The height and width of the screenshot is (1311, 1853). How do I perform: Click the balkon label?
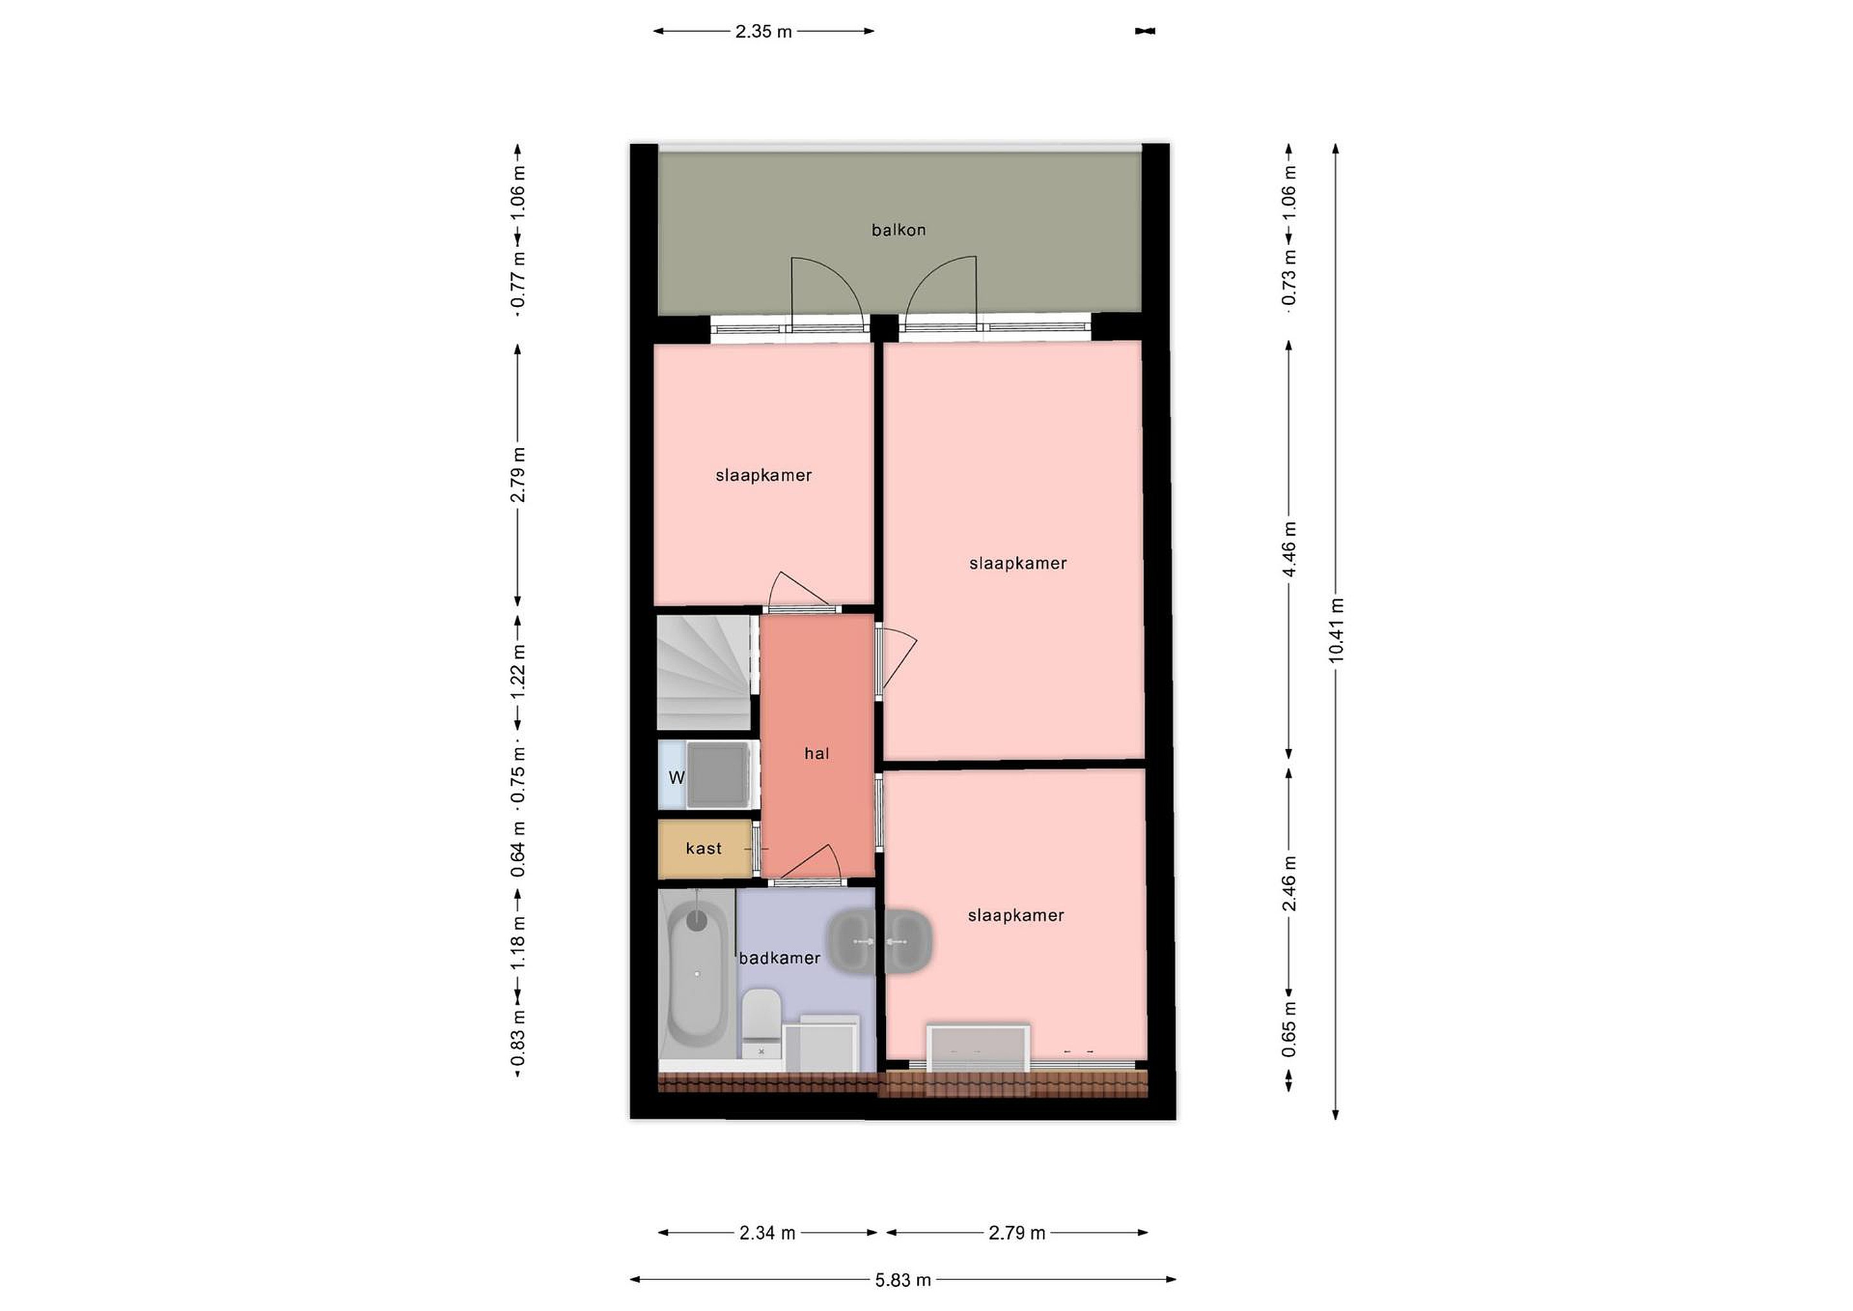tap(898, 230)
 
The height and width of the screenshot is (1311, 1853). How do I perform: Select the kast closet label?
tap(704, 848)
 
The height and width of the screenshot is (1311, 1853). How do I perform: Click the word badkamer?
tap(780, 958)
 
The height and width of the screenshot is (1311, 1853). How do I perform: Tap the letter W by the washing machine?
tap(676, 777)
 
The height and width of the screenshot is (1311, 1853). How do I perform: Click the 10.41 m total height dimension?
tap(1336, 631)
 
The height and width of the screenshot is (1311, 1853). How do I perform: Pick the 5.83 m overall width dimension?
tap(903, 1279)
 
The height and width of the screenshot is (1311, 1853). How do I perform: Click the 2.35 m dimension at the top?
tap(764, 32)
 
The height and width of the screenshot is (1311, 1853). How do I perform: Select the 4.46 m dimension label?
tap(1289, 549)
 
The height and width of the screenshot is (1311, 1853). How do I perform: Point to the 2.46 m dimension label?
tap(1289, 883)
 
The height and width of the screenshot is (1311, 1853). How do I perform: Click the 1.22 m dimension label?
tap(518, 672)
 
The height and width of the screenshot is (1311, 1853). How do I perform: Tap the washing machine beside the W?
tap(718, 775)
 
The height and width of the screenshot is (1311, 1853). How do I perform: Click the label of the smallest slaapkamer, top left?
tap(764, 476)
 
